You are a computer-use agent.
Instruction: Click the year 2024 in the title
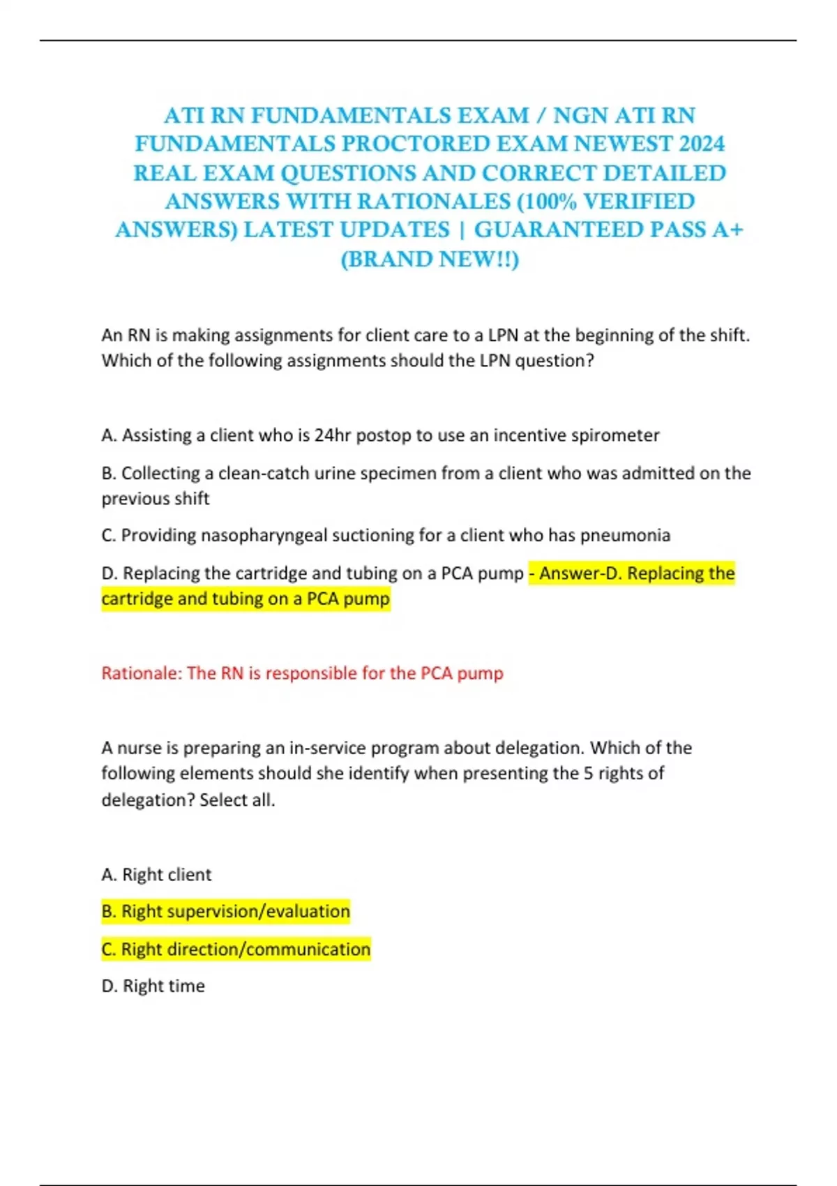702,144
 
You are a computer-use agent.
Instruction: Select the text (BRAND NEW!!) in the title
430,259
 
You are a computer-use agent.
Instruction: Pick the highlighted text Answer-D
580,573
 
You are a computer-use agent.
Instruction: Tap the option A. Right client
156,875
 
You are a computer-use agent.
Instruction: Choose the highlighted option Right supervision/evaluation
225,911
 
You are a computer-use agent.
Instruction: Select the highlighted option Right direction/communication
236,949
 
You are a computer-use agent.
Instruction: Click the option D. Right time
153,986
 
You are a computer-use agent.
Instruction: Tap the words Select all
237,800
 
